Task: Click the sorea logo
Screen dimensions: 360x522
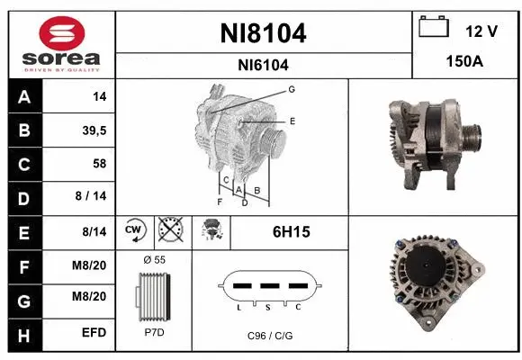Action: [58, 43]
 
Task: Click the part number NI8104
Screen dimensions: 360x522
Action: [264, 33]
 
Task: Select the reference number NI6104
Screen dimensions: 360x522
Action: [264, 65]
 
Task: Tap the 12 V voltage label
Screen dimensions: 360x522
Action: [481, 31]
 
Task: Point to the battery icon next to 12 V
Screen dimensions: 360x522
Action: [434, 27]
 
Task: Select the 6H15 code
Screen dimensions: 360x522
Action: [291, 232]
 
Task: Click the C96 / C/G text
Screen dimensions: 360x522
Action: [269, 336]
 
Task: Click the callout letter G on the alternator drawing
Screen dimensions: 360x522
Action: [292, 89]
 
